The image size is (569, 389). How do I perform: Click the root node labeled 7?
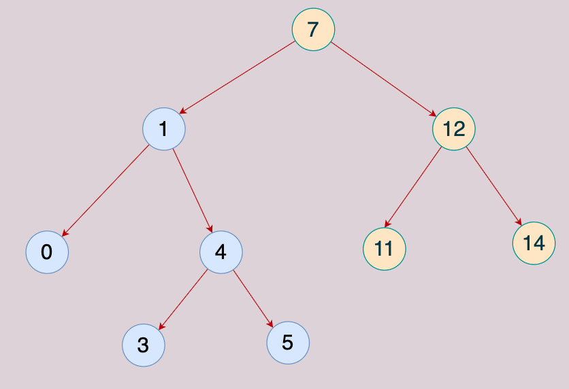[x=313, y=29]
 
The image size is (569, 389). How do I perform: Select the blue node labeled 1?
[x=163, y=129]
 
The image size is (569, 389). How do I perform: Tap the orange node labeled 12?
[x=453, y=129]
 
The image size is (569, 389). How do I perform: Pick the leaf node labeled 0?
[x=47, y=252]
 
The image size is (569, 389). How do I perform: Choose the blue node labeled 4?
[x=221, y=252]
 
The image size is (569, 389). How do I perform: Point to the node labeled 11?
[x=385, y=249]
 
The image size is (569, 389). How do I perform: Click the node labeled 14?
[x=534, y=243]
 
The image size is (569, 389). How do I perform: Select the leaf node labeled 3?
[x=144, y=345]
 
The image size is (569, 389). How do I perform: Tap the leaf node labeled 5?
[x=288, y=343]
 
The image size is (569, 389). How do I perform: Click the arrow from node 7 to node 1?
[x=238, y=78]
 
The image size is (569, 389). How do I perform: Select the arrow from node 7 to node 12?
[x=384, y=80]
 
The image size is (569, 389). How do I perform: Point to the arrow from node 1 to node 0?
[x=105, y=190]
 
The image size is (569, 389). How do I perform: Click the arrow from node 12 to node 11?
[x=413, y=187]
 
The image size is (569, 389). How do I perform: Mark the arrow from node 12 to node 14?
[x=494, y=186]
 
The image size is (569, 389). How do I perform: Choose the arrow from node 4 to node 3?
[x=183, y=300]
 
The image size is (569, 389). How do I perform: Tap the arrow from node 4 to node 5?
[x=253, y=299]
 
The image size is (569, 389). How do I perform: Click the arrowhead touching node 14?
[x=519, y=222]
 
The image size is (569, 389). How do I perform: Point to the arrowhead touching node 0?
[x=65, y=233]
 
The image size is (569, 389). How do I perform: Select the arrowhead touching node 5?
[x=270, y=324]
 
